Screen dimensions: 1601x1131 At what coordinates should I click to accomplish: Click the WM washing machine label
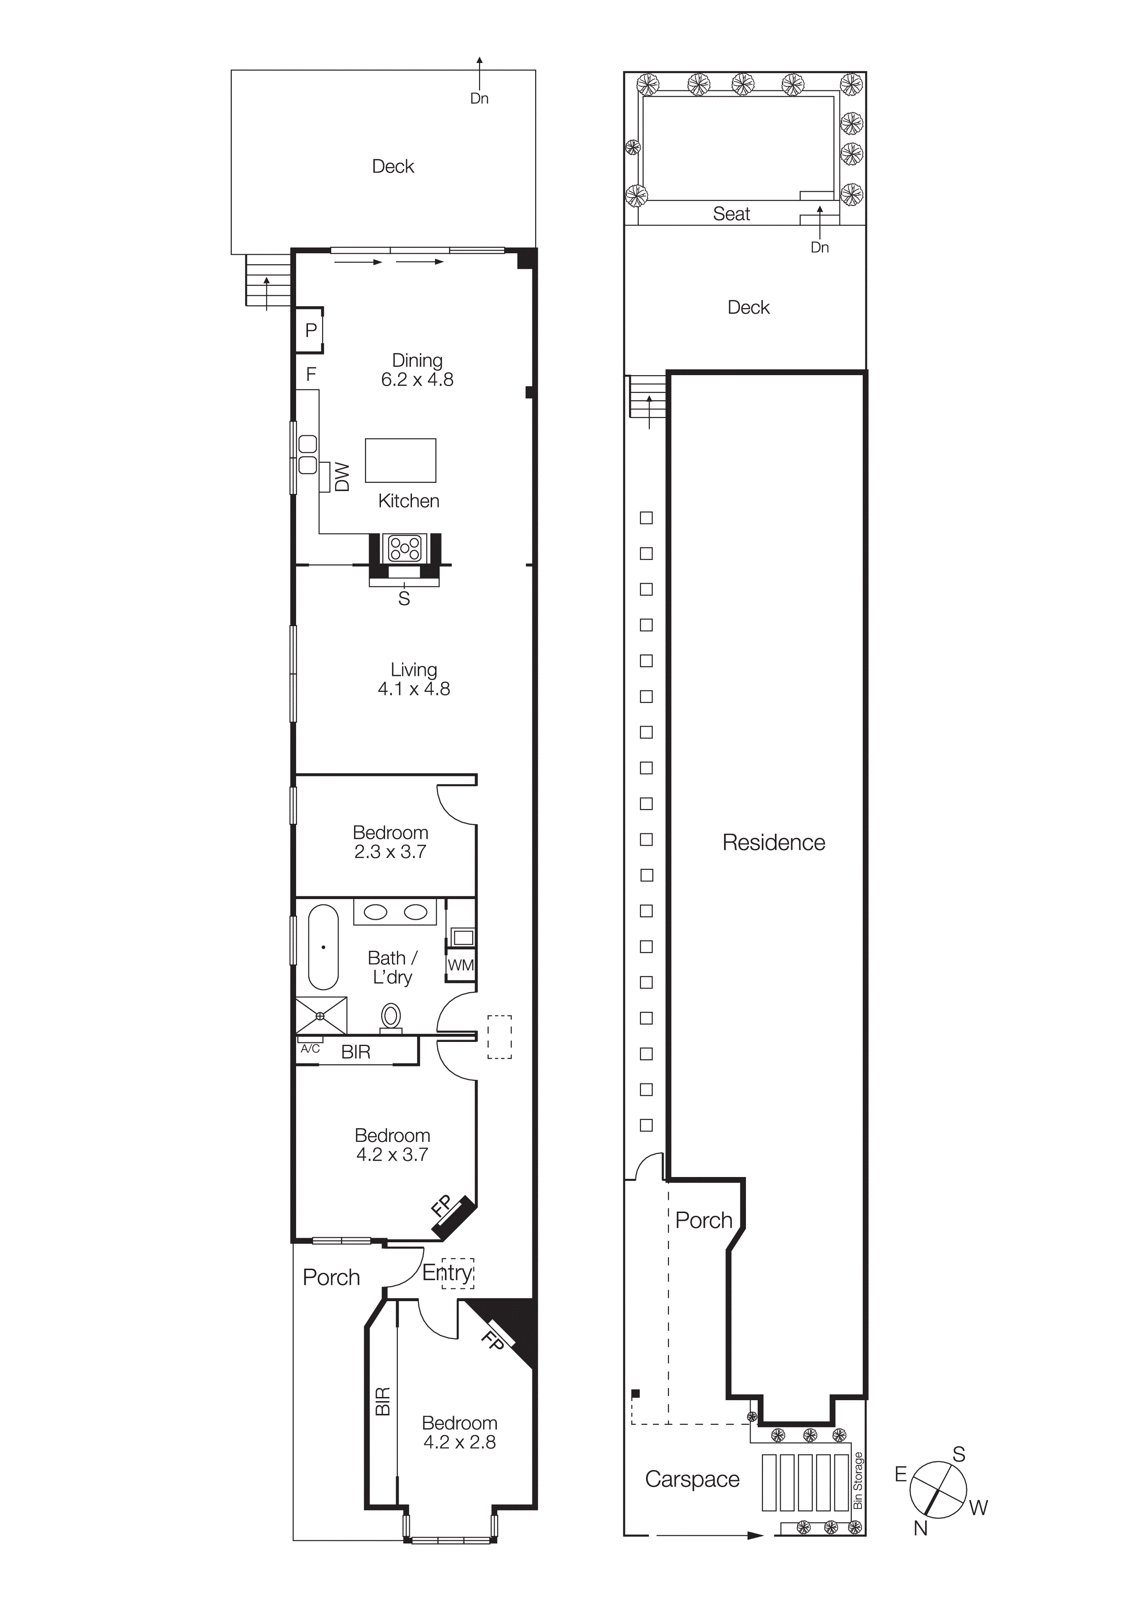point(461,965)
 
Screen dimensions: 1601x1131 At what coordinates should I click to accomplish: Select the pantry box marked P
point(311,330)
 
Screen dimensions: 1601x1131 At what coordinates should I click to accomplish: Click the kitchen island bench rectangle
point(401,460)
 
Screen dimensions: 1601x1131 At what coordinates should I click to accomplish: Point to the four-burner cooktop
point(405,547)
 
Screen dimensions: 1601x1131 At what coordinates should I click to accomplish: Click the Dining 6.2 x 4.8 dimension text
point(417,379)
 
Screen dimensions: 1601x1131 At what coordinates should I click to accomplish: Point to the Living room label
point(414,670)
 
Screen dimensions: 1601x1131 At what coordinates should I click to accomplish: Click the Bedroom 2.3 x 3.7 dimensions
point(390,852)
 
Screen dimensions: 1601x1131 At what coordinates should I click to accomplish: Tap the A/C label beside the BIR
point(310,1049)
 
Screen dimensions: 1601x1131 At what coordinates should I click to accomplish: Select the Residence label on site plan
point(773,842)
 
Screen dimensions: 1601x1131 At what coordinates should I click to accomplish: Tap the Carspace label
point(692,1479)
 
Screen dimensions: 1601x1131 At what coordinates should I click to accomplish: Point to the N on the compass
point(921,1528)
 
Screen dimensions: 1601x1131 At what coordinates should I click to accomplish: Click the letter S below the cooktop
point(404,598)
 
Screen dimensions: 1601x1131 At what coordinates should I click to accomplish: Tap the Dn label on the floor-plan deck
point(480,98)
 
